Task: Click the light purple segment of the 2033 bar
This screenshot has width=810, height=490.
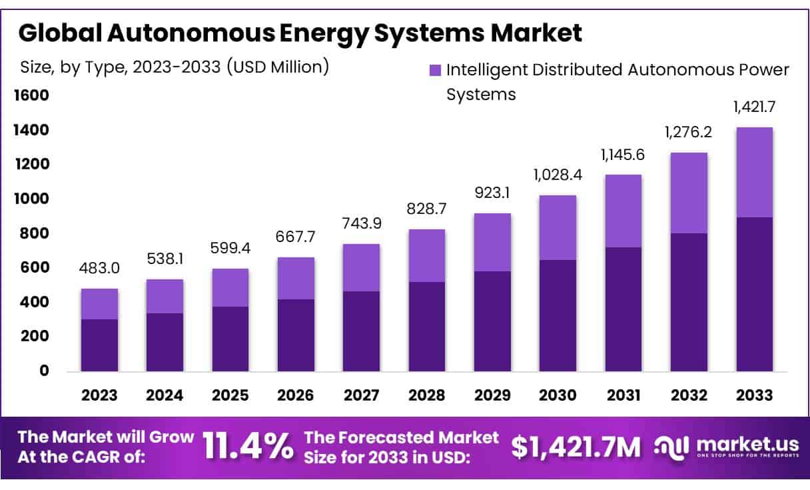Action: click(754, 172)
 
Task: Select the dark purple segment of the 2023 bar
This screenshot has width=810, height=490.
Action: click(99, 345)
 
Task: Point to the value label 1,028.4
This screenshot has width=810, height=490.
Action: click(558, 176)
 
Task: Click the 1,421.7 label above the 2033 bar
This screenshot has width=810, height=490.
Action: click(754, 107)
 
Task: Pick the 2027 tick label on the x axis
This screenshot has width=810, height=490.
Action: click(361, 395)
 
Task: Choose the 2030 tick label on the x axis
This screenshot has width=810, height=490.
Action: click(558, 395)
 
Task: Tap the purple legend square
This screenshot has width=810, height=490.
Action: click(435, 70)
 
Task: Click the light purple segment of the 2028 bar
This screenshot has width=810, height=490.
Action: click(427, 255)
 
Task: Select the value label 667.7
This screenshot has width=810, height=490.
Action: click(296, 238)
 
